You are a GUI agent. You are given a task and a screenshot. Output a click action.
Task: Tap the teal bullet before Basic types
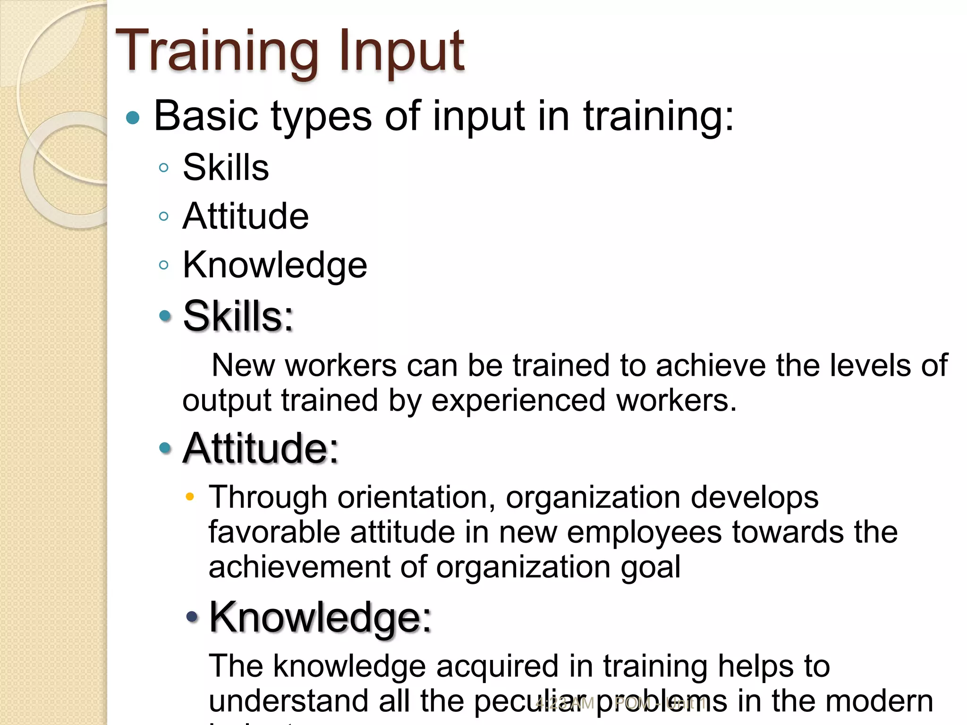coord(133,117)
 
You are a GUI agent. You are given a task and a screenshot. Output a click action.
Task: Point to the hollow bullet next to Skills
coord(164,168)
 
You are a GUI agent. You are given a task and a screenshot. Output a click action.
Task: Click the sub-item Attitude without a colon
coord(246,216)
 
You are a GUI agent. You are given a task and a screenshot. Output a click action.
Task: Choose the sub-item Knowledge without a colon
coord(275,265)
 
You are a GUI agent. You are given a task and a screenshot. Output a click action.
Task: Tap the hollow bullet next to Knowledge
coord(164,265)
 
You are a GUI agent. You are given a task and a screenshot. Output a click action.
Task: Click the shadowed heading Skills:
coord(238,316)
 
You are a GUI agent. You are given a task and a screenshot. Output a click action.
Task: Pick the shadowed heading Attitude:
coord(261,448)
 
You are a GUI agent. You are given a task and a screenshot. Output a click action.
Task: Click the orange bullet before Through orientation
coord(190,497)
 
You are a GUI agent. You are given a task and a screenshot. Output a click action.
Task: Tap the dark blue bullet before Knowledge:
coord(192,616)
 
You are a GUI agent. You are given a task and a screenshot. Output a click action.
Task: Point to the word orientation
coord(416,497)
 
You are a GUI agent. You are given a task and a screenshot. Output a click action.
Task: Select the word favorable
coord(274,532)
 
